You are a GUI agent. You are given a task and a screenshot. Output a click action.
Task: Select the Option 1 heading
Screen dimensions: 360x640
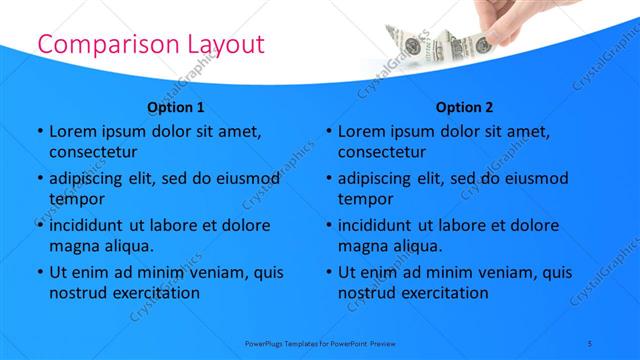176,107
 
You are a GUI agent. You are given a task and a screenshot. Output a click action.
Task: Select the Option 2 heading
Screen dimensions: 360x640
464,107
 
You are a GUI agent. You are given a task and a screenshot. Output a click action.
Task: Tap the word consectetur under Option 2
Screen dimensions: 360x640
382,152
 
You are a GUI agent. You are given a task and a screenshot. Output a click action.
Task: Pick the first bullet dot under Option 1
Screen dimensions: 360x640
39,131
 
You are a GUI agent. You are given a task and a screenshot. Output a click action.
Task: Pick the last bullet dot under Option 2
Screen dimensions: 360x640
328,272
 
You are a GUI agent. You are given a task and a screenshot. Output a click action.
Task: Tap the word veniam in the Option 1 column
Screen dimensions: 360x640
210,272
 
